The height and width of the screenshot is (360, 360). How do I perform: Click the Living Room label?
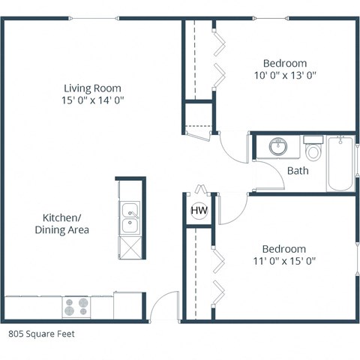coord(92,88)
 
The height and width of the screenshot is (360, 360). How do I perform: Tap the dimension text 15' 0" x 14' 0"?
coord(92,100)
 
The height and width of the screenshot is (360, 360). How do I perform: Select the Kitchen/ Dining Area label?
coord(62,224)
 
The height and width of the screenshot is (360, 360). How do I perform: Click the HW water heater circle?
coord(199,211)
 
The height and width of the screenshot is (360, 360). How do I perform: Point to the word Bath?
coord(298,171)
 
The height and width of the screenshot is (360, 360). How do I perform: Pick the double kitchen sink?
coord(130,216)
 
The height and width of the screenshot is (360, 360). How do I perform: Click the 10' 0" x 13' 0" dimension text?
coord(285,75)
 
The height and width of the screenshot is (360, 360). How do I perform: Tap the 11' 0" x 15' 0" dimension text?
coord(284,262)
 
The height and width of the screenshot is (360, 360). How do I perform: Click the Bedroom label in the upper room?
coord(285,63)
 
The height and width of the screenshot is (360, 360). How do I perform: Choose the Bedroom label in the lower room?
coord(284,249)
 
